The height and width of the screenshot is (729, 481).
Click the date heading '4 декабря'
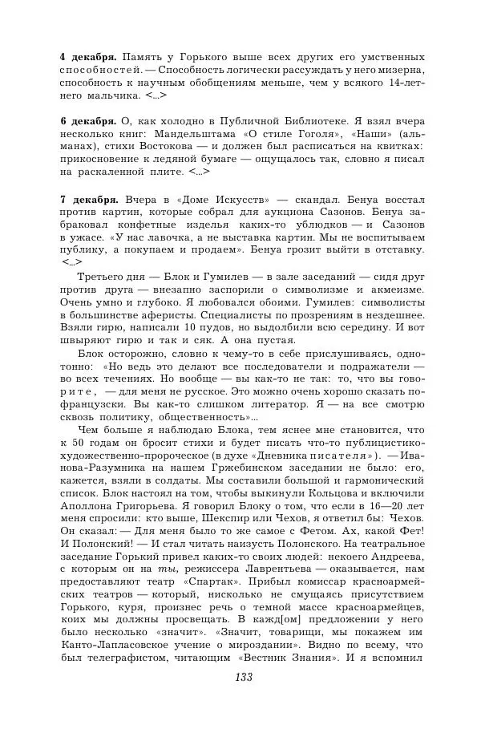tap(88, 58)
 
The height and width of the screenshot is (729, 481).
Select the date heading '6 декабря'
tap(88, 120)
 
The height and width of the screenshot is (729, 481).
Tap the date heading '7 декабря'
tap(88, 198)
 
